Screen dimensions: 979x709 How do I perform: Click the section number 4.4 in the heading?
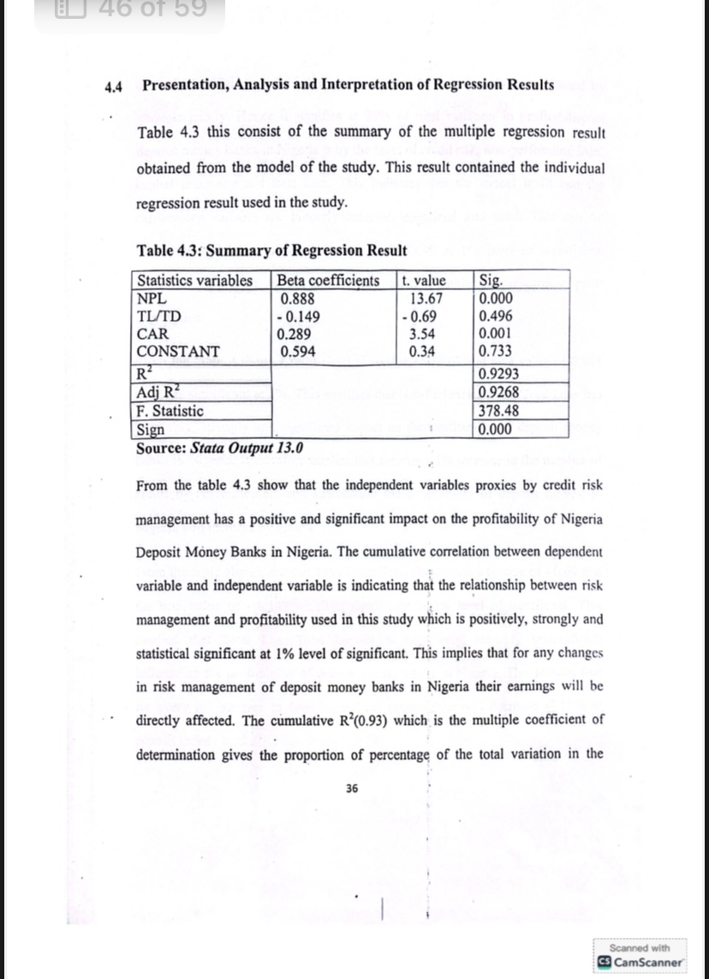tap(114, 86)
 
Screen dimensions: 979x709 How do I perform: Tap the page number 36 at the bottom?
tap(352, 789)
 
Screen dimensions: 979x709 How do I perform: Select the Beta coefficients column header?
tap(328, 281)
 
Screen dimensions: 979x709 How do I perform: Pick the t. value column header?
tap(424, 281)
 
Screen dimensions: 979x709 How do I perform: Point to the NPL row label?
tap(151, 299)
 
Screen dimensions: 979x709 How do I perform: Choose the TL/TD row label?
tap(158, 317)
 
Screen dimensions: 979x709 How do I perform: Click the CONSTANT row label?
tap(178, 352)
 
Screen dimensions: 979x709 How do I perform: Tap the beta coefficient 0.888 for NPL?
tap(298, 299)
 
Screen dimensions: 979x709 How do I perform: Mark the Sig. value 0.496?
tap(497, 317)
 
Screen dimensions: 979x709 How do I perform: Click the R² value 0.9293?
tap(498, 375)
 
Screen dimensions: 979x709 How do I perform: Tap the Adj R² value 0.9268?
tap(498, 393)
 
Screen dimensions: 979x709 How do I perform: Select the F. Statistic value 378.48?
tap(498, 411)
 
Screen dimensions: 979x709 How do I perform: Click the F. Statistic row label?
tap(170, 411)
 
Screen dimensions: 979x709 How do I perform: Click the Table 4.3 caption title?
tap(271, 251)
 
